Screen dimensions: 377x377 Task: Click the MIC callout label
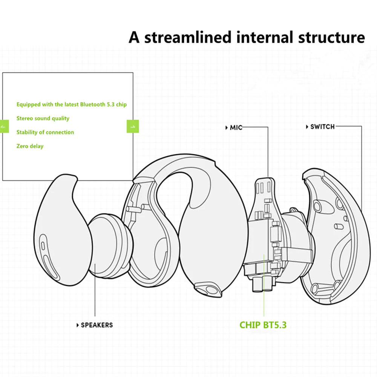pos(235,128)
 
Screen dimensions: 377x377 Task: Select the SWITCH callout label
pos(322,127)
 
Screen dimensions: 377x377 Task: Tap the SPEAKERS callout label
pos(96,325)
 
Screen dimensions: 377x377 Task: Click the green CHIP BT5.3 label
pos(263,325)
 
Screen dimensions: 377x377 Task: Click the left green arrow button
pos(5,126)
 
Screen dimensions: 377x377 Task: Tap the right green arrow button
pos(133,126)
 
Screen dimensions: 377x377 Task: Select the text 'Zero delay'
pos(30,146)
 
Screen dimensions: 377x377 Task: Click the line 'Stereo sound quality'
pos(43,118)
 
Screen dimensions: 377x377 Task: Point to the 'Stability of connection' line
pos(45,132)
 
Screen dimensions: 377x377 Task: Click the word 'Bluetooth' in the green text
pos(93,104)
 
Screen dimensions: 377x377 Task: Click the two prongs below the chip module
pos(261,285)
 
